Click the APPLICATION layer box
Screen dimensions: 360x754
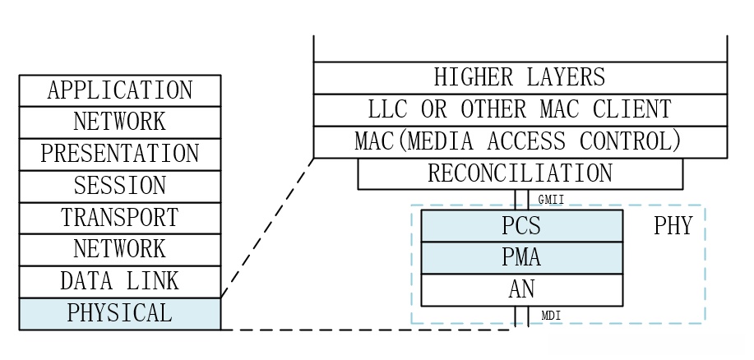pyautogui.click(x=120, y=90)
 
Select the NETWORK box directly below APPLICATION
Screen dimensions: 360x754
pyautogui.click(x=120, y=122)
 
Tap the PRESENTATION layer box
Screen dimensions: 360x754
pyautogui.click(x=120, y=155)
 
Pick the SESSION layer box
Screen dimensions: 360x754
pyautogui.click(x=120, y=187)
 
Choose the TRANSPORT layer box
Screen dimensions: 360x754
pyautogui.click(x=120, y=219)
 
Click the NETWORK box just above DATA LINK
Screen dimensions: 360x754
pyautogui.click(x=120, y=250)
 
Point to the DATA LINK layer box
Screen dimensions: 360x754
pyautogui.click(x=120, y=282)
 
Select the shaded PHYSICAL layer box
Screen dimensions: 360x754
pyautogui.click(x=120, y=314)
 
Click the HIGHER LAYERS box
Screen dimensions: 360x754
pyautogui.click(x=520, y=78)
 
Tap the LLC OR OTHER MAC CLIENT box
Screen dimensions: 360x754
pyautogui.click(x=520, y=110)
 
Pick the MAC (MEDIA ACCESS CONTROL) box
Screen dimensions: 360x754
pyautogui.click(x=520, y=142)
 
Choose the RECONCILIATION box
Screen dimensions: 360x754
pyautogui.click(x=520, y=174)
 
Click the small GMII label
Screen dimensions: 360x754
pyautogui.click(x=551, y=200)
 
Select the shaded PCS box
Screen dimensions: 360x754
pyautogui.click(x=521, y=226)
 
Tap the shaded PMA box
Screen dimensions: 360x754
pyautogui.click(x=521, y=258)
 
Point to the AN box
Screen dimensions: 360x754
pyautogui.click(x=521, y=290)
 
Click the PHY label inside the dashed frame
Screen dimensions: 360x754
pyautogui.click(x=673, y=227)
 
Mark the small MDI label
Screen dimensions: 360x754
pyautogui.click(x=551, y=316)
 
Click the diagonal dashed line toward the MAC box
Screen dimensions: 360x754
pyautogui.click(x=267, y=228)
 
